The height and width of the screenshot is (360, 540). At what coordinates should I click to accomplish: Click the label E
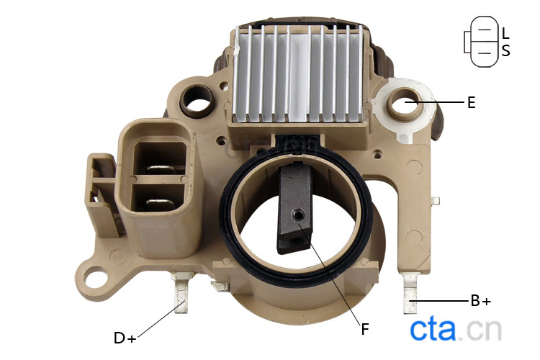point(472,103)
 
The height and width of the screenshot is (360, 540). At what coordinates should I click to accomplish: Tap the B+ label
point(481,301)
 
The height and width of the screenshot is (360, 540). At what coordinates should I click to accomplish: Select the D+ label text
point(125,338)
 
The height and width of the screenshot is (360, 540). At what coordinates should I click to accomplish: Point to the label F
point(365,329)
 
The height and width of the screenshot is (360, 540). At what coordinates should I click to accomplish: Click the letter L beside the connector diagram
point(505,33)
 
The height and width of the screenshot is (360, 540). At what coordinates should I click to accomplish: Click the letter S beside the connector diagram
point(505,50)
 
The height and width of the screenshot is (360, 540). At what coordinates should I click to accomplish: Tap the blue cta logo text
point(433,330)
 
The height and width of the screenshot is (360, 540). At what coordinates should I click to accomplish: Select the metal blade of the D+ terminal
point(181,293)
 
